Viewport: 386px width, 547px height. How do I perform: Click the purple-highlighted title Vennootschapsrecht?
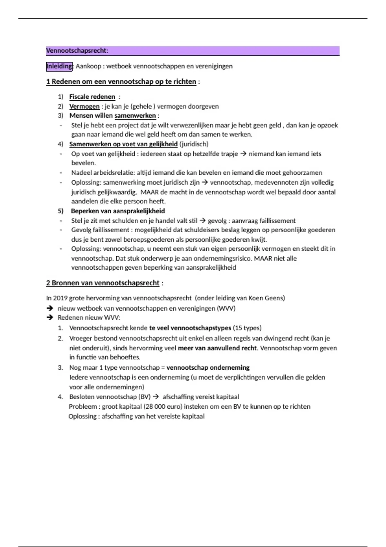(x=77, y=51)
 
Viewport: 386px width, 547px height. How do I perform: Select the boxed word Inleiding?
(x=60, y=66)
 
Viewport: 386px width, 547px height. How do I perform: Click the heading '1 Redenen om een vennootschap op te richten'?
(x=121, y=82)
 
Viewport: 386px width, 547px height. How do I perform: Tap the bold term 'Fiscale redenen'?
(x=92, y=97)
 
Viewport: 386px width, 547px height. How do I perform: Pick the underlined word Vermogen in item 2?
(x=84, y=107)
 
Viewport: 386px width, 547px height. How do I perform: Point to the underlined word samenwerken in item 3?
(x=135, y=116)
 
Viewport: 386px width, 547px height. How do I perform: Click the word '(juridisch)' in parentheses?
(x=194, y=144)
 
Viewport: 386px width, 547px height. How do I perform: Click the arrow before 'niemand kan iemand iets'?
(x=243, y=154)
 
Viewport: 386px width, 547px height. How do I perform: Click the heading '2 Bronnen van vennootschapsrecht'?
(x=103, y=283)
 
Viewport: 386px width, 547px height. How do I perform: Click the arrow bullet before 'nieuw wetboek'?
(x=50, y=308)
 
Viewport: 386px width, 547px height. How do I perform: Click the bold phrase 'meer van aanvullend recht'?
(x=217, y=348)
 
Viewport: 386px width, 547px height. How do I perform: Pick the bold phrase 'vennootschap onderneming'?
(x=208, y=368)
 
